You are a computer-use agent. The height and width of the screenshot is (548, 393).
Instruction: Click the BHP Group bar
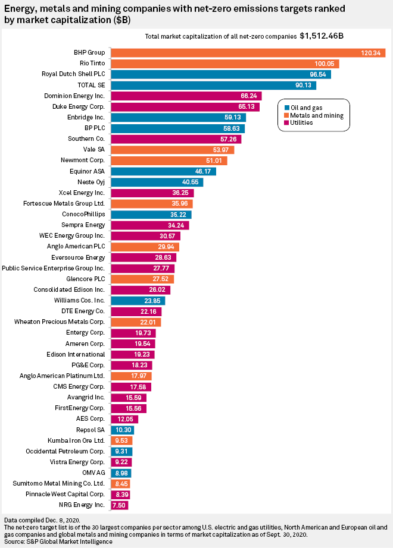coord(247,53)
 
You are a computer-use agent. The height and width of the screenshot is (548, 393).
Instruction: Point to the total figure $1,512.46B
coord(322,36)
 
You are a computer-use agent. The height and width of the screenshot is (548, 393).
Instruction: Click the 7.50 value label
coord(120,505)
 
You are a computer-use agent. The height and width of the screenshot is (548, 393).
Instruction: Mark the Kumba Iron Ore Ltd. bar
coord(121,440)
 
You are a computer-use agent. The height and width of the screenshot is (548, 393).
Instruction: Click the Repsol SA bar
coord(122,430)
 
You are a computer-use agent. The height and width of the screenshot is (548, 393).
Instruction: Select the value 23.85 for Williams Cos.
coord(155,300)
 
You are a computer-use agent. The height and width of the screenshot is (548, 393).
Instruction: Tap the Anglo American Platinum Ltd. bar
coord(131,376)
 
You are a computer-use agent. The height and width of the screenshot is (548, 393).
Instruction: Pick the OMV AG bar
coord(121,473)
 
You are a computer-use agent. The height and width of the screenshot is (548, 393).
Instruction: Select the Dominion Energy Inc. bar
coord(185,96)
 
